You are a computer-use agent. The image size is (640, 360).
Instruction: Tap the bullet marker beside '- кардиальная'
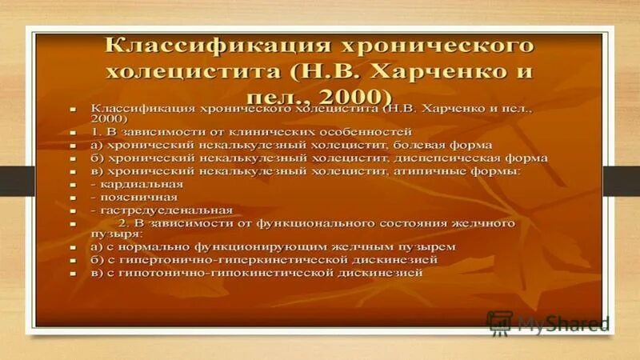tap(72, 185)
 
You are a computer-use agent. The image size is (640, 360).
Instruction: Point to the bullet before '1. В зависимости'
tap(72, 130)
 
